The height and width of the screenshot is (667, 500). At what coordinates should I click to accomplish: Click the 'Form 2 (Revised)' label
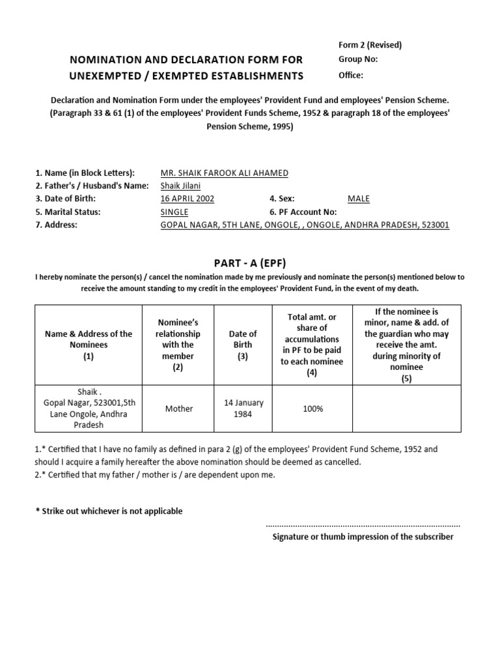pyautogui.click(x=370, y=45)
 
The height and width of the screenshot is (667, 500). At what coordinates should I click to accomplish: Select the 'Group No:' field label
pyautogui.click(x=357, y=60)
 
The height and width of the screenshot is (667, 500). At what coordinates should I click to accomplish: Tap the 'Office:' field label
pyautogui.click(x=351, y=75)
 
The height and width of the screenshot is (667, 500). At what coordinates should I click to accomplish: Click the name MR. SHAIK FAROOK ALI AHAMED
pyautogui.click(x=224, y=173)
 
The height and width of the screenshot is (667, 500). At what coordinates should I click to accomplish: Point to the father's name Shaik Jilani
pyautogui.click(x=180, y=186)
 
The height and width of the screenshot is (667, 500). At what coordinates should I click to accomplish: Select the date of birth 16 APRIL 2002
pyautogui.click(x=187, y=199)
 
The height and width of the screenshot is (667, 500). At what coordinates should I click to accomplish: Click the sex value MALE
pyautogui.click(x=359, y=199)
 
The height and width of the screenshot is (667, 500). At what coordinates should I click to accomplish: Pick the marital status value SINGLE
pyautogui.click(x=174, y=212)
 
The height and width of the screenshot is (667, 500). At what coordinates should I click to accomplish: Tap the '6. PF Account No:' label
pyautogui.click(x=303, y=212)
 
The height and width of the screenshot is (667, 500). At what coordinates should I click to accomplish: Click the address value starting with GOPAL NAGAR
pyautogui.click(x=305, y=225)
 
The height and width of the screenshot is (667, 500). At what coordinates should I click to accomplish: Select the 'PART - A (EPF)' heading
pyautogui.click(x=249, y=262)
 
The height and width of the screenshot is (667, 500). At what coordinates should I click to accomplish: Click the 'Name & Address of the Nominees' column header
pyautogui.click(x=88, y=345)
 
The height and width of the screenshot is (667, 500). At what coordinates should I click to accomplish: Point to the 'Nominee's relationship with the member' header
pyautogui.click(x=178, y=345)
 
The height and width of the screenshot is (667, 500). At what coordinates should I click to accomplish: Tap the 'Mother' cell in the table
pyautogui.click(x=178, y=408)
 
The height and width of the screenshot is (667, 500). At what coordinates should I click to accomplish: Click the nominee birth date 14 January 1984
pyautogui.click(x=243, y=408)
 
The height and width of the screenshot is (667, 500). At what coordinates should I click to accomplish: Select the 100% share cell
pyautogui.click(x=312, y=408)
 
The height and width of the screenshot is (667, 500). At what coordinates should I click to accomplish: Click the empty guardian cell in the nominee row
pyautogui.click(x=406, y=408)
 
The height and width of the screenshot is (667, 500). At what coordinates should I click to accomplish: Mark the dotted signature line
pyautogui.click(x=363, y=524)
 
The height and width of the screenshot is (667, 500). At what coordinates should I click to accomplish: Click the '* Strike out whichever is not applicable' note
pyautogui.click(x=109, y=511)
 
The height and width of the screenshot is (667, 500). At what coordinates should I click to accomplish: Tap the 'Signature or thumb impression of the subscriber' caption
pyautogui.click(x=363, y=537)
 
